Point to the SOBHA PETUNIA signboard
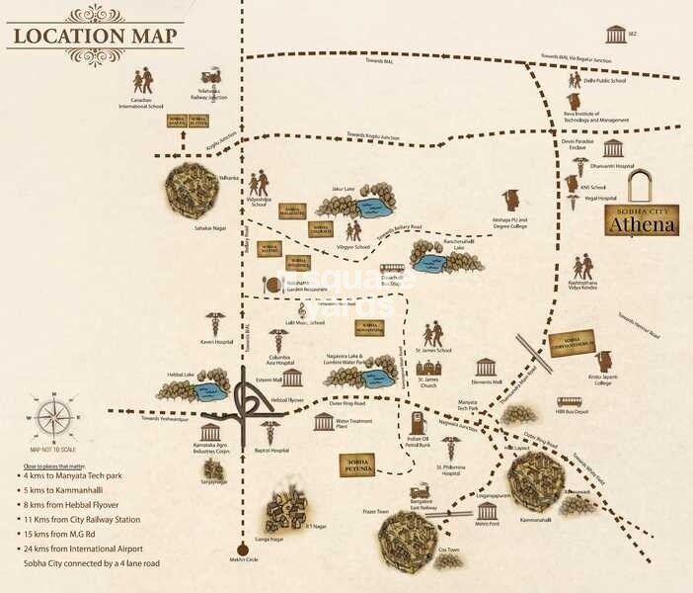pyautogui.click(x=359, y=465)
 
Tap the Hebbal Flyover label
pyautogui.click(x=292, y=399)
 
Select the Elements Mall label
pyautogui.click(x=485, y=381)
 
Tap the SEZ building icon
pyautogui.click(x=617, y=36)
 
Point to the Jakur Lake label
pyautogui.click(x=343, y=186)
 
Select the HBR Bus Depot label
pyautogui.click(x=573, y=409)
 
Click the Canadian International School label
pyautogui.click(x=143, y=102)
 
